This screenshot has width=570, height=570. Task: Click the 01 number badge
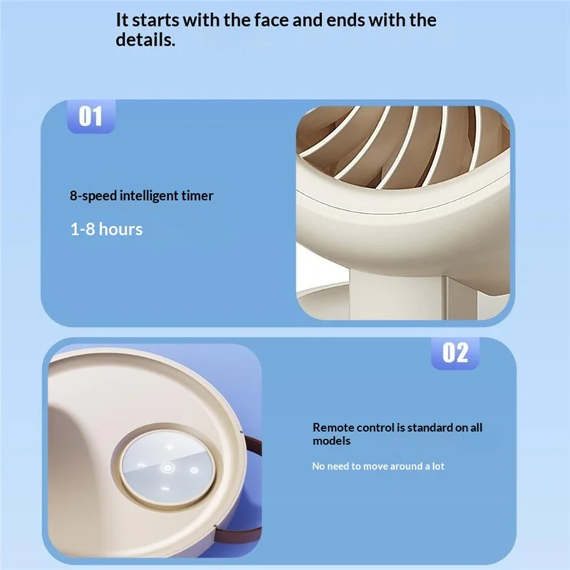pyautogui.click(x=90, y=116)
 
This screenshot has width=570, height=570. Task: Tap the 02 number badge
pyautogui.click(x=455, y=353)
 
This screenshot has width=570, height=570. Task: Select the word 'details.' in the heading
pyautogui.click(x=145, y=41)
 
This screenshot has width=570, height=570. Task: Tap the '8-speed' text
pyautogui.click(x=93, y=195)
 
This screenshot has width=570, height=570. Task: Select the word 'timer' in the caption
pyautogui.click(x=197, y=195)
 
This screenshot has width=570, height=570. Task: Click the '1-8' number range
pyautogui.click(x=83, y=229)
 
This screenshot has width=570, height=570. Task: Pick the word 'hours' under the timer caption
pyautogui.click(x=120, y=229)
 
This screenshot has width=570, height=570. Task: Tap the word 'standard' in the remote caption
pyautogui.click(x=430, y=427)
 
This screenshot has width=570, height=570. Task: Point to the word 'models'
pyautogui.click(x=331, y=441)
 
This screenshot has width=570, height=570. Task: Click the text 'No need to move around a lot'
pyautogui.click(x=378, y=466)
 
